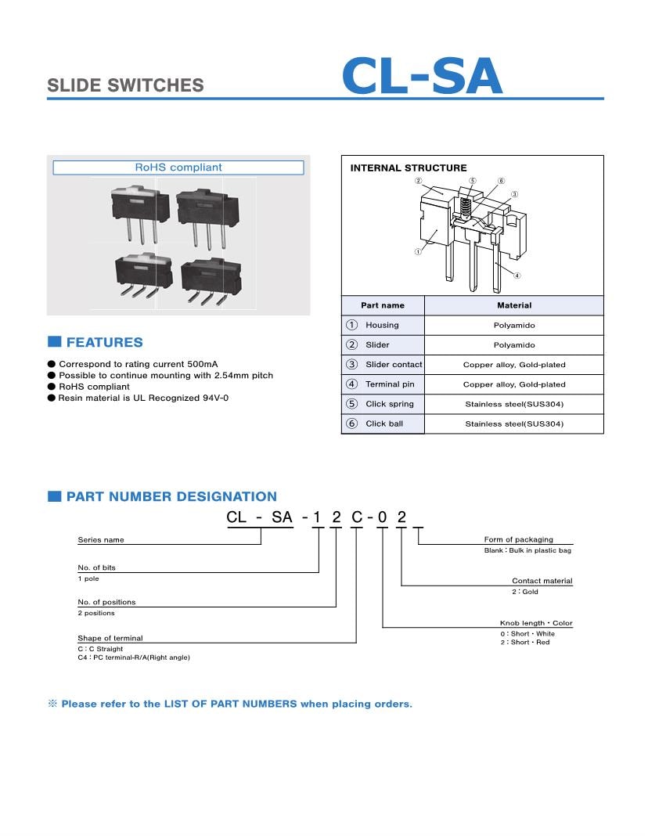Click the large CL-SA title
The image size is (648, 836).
click(x=421, y=77)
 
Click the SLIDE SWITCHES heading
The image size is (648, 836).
click(x=125, y=86)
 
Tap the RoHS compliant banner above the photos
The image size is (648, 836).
click(x=178, y=168)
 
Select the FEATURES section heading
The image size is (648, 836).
click(x=104, y=342)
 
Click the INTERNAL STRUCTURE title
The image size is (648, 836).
click(x=408, y=168)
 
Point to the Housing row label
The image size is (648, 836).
click(x=382, y=325)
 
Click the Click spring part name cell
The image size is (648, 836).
click(x=389, y=404)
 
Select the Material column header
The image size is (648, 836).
click(x=513, y=305)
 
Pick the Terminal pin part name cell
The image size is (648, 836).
click(x=390, y=384)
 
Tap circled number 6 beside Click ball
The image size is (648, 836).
click(x=352, y=423)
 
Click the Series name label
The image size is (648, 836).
click(x=101, y=540)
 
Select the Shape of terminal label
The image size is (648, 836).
click(x=110, y=638)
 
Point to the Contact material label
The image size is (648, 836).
click(x=542, y=581)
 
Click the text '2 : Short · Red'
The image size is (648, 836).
click(x=524, y=642)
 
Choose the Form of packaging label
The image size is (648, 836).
click(x=518, y=539)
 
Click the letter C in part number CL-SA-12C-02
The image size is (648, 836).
click(x=356, y=517)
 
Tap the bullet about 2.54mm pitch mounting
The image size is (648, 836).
click(x=166, y=376)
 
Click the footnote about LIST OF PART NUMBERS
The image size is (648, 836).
click(x=236, y=704)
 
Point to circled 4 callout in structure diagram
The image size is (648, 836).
click(x=517, y=276)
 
